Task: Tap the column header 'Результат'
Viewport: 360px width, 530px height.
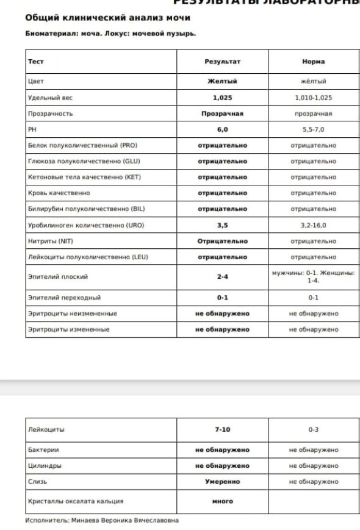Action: (222, 62)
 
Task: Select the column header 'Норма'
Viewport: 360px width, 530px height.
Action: (313, 62)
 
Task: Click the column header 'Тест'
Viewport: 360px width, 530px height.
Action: (36, 62)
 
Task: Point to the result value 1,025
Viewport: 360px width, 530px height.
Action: (222, 98)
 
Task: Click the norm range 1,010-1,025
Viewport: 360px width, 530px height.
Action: (313, 98)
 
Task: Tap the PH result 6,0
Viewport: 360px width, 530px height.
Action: (222, 130)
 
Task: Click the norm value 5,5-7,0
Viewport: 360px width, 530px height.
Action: (313, 130)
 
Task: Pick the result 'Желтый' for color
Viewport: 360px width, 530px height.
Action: (222, 81)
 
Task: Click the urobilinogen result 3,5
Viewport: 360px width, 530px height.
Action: (222, 225)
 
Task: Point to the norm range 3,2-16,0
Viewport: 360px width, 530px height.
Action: (313, 225)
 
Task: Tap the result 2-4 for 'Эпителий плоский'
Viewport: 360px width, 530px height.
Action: (222, 277)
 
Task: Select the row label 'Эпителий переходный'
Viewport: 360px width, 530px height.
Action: (64, 298)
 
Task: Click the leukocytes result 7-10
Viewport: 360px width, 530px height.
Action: (222, 429)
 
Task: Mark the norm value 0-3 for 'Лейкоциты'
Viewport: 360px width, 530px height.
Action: (313, 429)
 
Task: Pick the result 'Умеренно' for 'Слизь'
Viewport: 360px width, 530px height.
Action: (222, 482)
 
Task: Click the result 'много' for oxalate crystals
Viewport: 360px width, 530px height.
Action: (222, 501)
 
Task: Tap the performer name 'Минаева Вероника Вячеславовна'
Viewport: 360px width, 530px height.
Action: (124, 520)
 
